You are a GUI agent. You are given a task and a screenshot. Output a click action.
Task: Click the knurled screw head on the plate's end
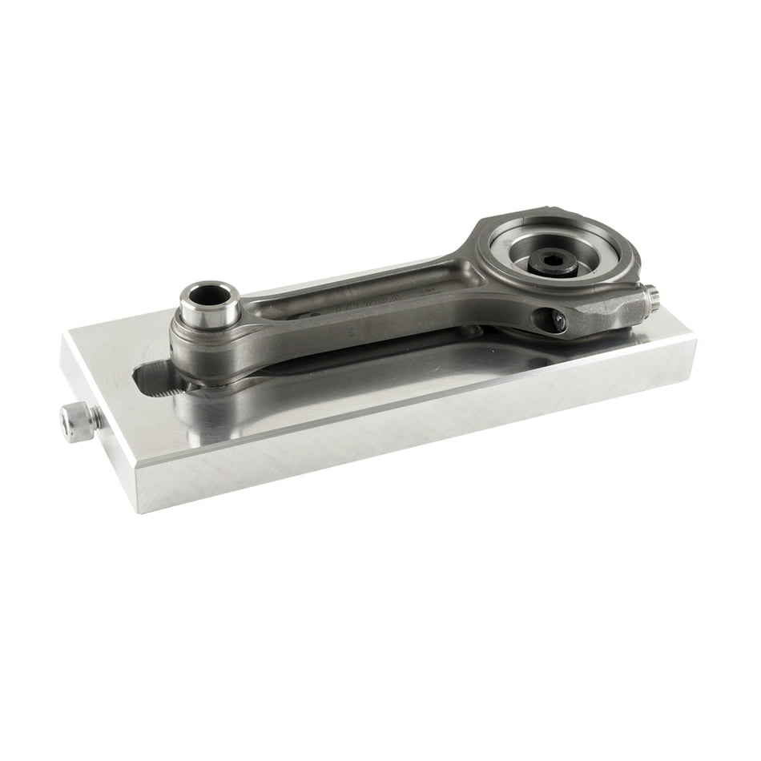click(x=77, y=422)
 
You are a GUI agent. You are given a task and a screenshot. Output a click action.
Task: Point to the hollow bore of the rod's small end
click(x=209, y=296)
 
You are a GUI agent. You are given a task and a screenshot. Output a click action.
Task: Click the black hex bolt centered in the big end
click(x=554, y=264)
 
